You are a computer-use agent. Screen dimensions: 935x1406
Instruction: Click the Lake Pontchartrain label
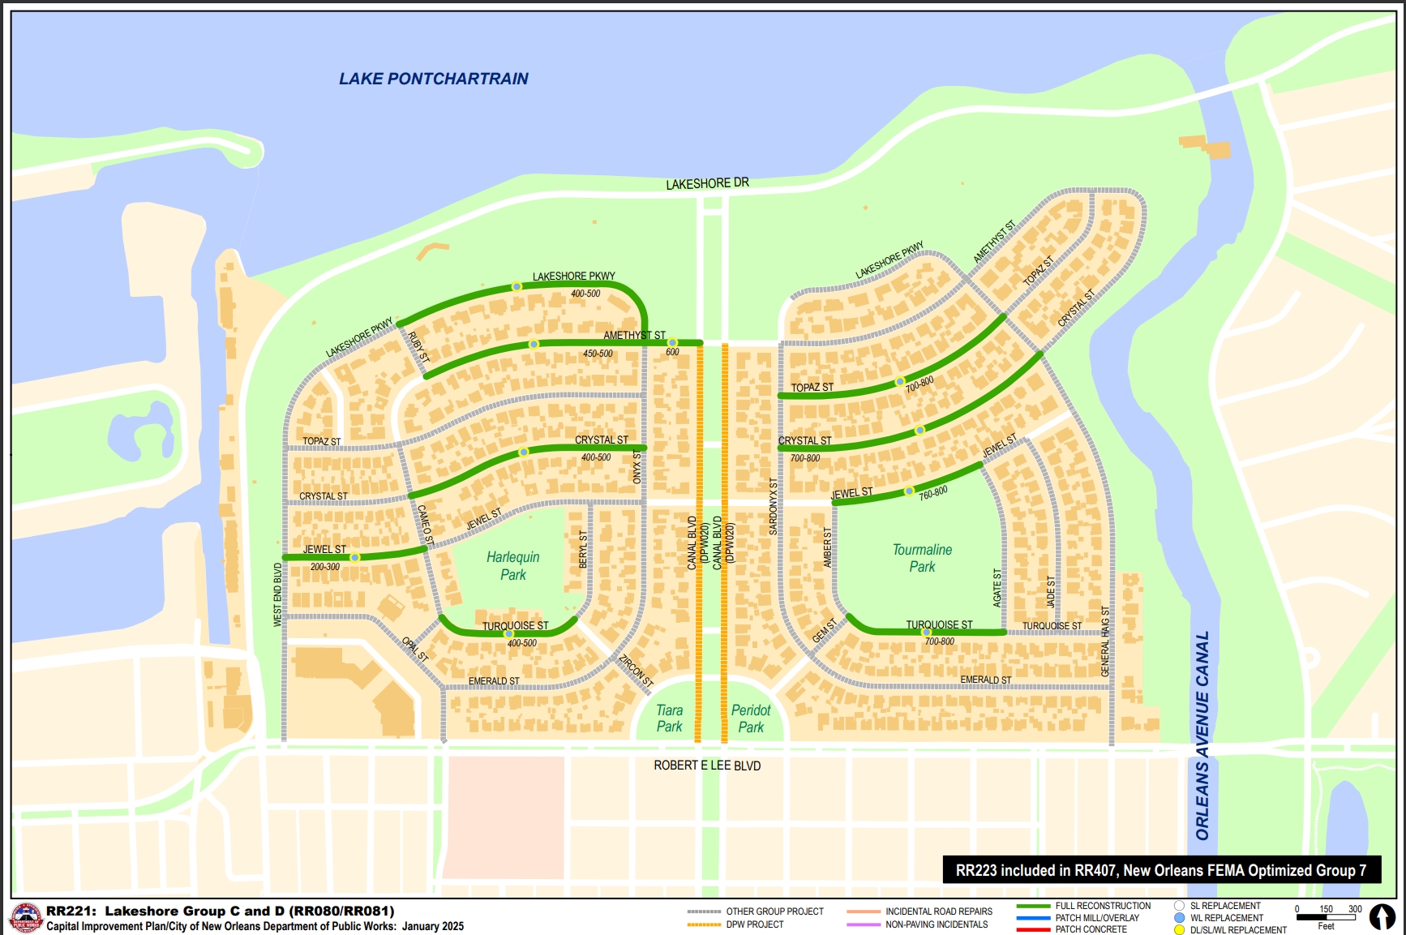(433, 79)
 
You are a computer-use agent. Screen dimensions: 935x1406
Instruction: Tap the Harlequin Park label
(512, 565)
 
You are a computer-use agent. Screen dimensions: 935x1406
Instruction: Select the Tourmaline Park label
(922, 558)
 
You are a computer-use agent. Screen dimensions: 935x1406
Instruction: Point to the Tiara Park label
(669, 718)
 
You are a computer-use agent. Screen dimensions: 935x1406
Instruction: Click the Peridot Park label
(751, 718)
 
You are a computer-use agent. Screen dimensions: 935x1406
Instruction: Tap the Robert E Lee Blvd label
(707, 766)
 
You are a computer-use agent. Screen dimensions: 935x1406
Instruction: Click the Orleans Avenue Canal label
(1202, 735)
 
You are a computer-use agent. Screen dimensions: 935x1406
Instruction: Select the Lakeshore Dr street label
(707, 184)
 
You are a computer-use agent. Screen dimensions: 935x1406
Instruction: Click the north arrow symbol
(1382, 916)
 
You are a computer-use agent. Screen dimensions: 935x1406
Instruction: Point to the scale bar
(1327, 917)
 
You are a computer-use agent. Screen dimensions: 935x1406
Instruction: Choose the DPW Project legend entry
(754, 924)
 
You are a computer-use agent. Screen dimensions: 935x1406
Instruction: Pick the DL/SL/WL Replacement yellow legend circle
(1180, 930)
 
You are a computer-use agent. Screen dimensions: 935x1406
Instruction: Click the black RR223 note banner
(1161, 870)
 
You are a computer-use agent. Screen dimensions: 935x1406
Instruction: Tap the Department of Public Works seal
(26, 919)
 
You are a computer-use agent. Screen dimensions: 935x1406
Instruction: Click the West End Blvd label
(278, 594)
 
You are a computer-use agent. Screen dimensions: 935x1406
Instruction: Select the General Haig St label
(1105, 641)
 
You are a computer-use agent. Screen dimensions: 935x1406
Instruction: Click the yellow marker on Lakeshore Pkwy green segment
(517, 286)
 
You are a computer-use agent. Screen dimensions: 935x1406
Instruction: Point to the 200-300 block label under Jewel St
(325, 567)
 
